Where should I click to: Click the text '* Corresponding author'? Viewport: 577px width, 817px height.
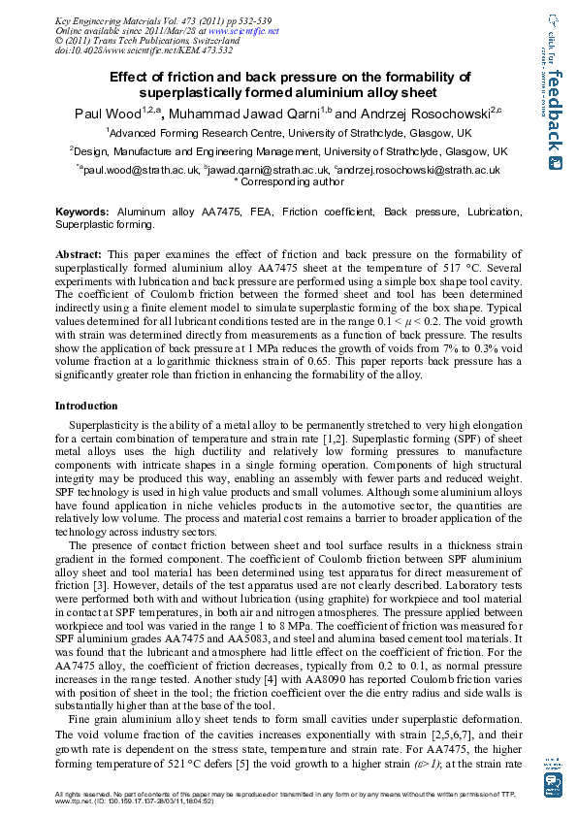(x=290, y=181)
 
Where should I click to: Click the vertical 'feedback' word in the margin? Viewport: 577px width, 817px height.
(x=555, y=111)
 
